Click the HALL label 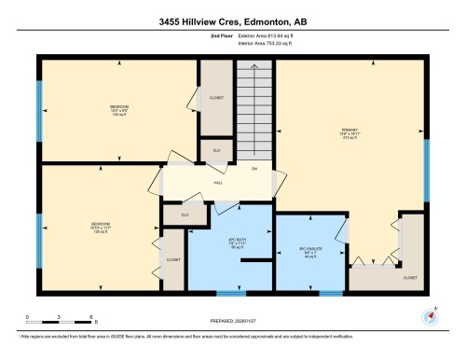[x=218, y=183]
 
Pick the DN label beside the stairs [x=254, y=169]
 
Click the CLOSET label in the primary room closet [x=410, y=277]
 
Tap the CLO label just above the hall [x=216, y=150]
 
